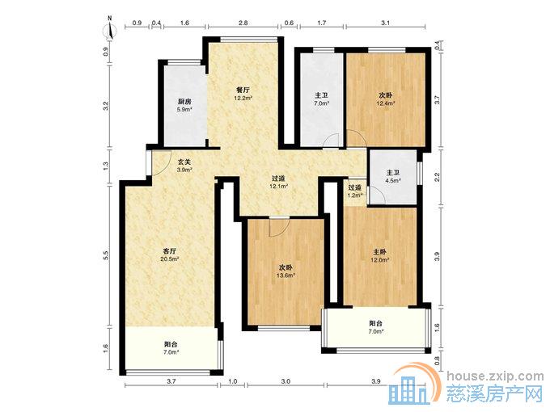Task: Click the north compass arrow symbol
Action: point(111,30)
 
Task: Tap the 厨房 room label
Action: point(184,102)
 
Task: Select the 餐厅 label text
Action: point(243,90)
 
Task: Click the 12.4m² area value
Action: point(386,103)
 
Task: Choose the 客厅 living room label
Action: point(169,251)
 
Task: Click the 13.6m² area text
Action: point(286,275)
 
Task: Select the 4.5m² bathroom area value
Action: point(393,181)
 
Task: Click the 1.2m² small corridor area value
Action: point(355,195)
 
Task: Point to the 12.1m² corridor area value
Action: point(279,186)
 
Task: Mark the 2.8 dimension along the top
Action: point(243,23)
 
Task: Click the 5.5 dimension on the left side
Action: point(106,255)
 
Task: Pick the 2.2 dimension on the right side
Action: point(437,177)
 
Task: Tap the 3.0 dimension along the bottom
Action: point(286,381)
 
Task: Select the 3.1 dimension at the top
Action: point(386,23)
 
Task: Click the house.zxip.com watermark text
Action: point(495,376)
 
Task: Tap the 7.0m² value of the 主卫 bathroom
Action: point(322,103)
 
